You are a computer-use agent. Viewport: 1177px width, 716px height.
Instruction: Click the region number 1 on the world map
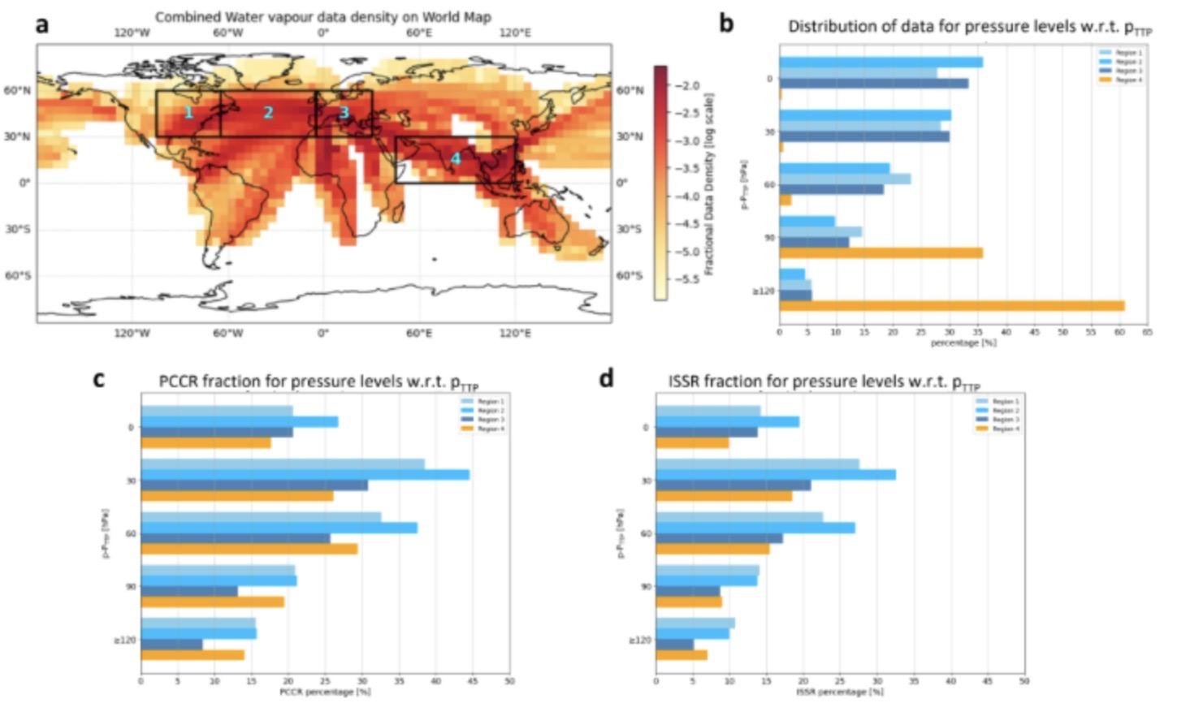click(x=188, y=112)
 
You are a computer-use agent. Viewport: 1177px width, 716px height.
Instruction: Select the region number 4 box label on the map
click(x=456, y=158)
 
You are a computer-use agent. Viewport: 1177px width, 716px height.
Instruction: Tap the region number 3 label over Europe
click(x=344, y=112)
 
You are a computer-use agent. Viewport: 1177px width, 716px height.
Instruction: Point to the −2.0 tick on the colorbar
click(x=688, y=85)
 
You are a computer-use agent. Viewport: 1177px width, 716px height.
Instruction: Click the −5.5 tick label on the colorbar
click(x=688, y=278)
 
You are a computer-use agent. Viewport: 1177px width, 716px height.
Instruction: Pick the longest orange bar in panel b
click(x=952, y=306)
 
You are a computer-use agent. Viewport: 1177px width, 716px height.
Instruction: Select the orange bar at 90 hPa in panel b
click(x=881, y=253)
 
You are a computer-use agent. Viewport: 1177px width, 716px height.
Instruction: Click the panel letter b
click(x=726, y=24)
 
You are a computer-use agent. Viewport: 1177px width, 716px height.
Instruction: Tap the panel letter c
click(x=98, y=378)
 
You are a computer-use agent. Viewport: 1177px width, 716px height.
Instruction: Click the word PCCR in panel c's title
click(x=178, y=382)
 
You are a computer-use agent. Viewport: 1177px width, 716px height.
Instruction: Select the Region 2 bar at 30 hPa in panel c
click(x=305, y=475)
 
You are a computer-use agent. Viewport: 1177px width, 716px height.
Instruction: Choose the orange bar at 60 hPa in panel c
click(x=249, y=549)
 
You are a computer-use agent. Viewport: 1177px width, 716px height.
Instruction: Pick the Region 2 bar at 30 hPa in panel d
click(x=776, y=475)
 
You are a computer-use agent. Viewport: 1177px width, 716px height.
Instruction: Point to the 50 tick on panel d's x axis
click(x=1023, y=681)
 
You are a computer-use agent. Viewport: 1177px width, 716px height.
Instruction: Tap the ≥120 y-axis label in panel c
click(x=124, y=641)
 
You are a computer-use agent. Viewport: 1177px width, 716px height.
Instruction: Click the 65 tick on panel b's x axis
click(x=1147, y=332)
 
